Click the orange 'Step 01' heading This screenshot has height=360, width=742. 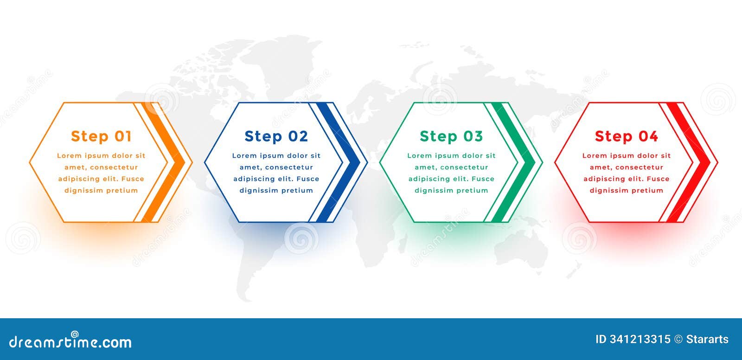click(x=101, y=136)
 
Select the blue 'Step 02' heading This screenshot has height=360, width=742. click(x=276, y=136)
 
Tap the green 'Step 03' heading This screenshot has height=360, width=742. click(x=451, y=136)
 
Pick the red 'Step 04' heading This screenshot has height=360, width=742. click(x=626, y=136)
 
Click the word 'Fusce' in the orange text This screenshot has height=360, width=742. click(x=133, y=179)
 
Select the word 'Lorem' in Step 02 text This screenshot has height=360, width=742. click(x=244, y=156)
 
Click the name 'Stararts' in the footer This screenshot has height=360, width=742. click(x=707, y=340)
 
